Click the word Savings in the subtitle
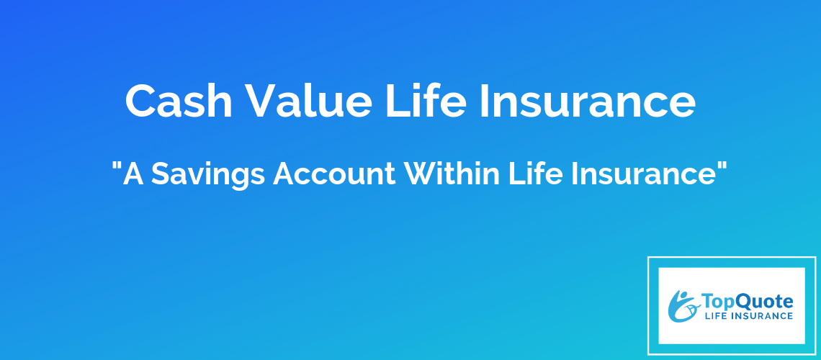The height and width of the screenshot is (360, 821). [x=208, y=174]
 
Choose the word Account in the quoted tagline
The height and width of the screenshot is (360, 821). [x=335, y=174]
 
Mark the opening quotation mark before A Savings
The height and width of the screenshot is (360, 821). [x=117, y=166]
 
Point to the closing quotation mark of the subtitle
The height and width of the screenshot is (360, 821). [x=722, y=166]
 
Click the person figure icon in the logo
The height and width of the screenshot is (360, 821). [x=683, y=306]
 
